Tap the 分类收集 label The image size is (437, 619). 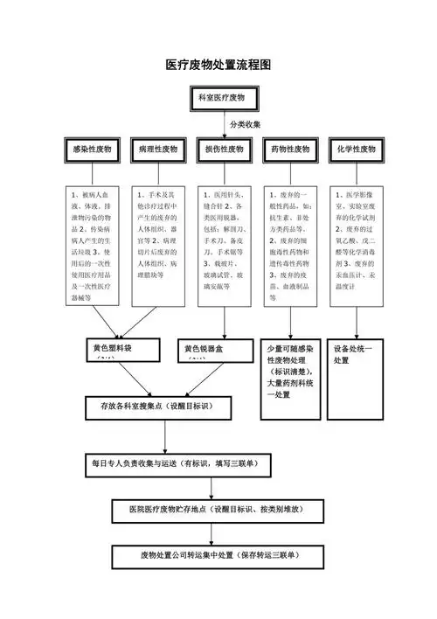[246, 125]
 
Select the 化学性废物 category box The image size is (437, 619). [356, 150]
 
